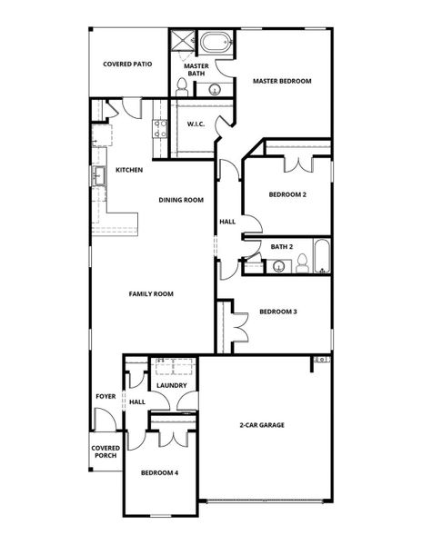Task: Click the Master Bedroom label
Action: coord(282,81)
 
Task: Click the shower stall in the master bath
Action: coord(182,42)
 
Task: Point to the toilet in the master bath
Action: coord(183,86)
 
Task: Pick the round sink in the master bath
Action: coord(215,89)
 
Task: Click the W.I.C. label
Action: coord(196,124)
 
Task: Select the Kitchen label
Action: coord(128,170)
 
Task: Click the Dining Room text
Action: coord(181,200)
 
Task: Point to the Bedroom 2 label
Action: coord(287,194)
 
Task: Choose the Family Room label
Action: coord(151,293)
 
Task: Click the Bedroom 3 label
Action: coord(278,312)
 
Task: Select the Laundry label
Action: coord(171,385)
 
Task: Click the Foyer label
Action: coord(105,397)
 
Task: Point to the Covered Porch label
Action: coord(105,451)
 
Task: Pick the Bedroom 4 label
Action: coord(159,473)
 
